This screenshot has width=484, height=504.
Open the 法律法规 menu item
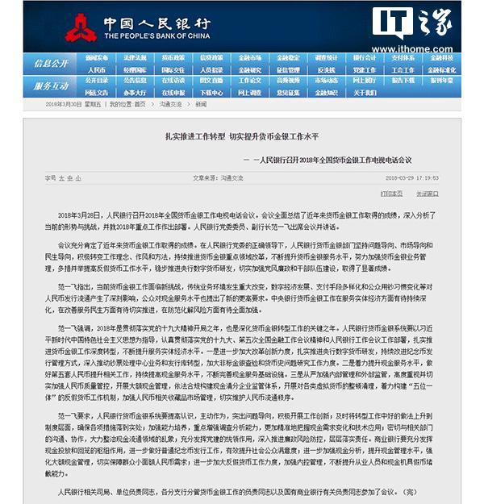[135, 58]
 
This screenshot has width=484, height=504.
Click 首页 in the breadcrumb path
[140, 104]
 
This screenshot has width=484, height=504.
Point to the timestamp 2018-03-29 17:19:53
[411, 177]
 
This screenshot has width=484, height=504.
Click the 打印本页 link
[392, 194]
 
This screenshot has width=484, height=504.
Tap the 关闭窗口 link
[428, 194]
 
